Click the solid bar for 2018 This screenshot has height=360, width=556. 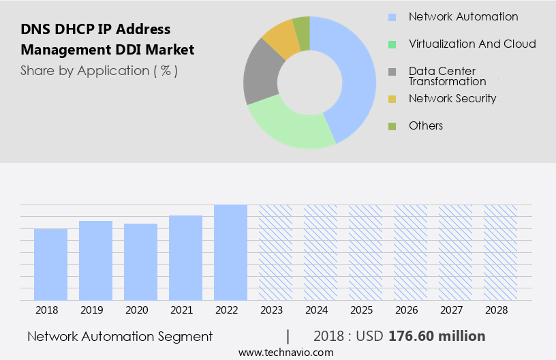pyautogui.click(x=51, y=264)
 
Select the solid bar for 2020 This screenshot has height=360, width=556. pyautogui.click(x=141, y=262)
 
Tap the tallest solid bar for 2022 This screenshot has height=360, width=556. pyautogui.click(x=230, y=252)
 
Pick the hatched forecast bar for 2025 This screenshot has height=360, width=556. pyautogui.click(x=365, y=252)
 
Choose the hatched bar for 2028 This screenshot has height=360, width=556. pyautogui.click(x=500, y=252)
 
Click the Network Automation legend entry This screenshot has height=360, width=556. pyautogui.click(x=463, y=16)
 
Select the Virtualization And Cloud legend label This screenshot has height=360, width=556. pyautogui.click(x=472, y=44)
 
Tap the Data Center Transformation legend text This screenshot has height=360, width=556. pyautogui.click(x=447, y=76)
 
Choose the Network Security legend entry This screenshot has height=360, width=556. pyautogui.click(x=452, y=98)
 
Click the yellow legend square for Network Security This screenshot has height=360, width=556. pyautogui.click(x=392, y=99)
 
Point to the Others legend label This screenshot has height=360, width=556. pyautogui.click(x=425, y=125)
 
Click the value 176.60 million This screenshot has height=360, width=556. pyautogui.click(x=437, y=336)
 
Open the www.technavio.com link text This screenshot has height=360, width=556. pyautogui.click(x=285, y=352)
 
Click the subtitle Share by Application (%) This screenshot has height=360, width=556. pyautogui.click(x=99, y=70)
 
